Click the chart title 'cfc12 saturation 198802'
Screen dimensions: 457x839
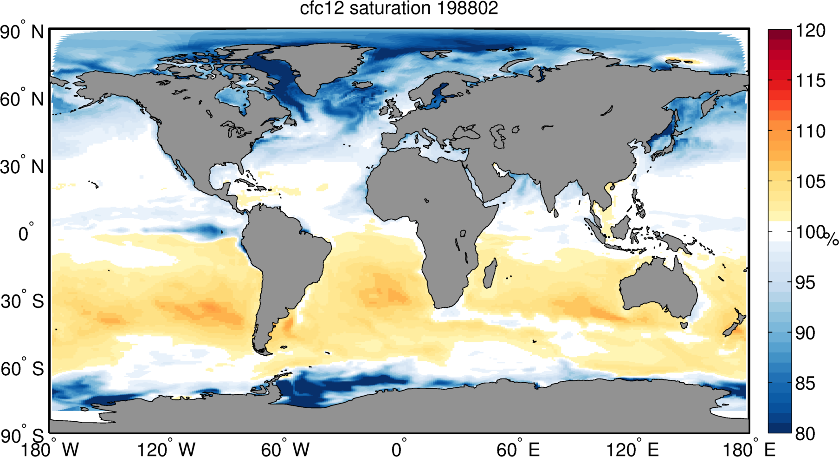399,9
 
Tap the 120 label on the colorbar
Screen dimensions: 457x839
811,31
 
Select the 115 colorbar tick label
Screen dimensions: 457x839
811,81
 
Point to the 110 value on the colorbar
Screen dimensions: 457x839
811,131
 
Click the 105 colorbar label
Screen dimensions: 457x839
811,182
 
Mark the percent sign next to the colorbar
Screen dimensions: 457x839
832,239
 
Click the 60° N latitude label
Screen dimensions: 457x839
22,99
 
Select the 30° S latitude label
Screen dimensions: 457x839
22,301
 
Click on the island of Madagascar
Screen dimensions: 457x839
490,274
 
